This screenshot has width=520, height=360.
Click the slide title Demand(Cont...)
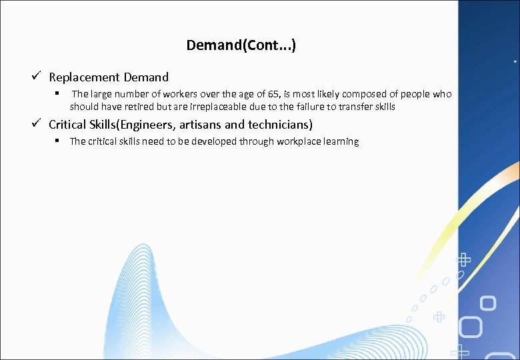(241, 45)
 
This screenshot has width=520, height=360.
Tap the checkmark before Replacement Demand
(39, 77)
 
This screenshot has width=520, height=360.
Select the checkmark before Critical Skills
(39, 124)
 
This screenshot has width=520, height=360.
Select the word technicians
(279, 125)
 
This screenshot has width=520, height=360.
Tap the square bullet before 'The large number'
(59, 93)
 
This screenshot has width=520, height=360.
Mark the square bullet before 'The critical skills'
(59, 141)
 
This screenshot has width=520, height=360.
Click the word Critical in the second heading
(67, 125)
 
